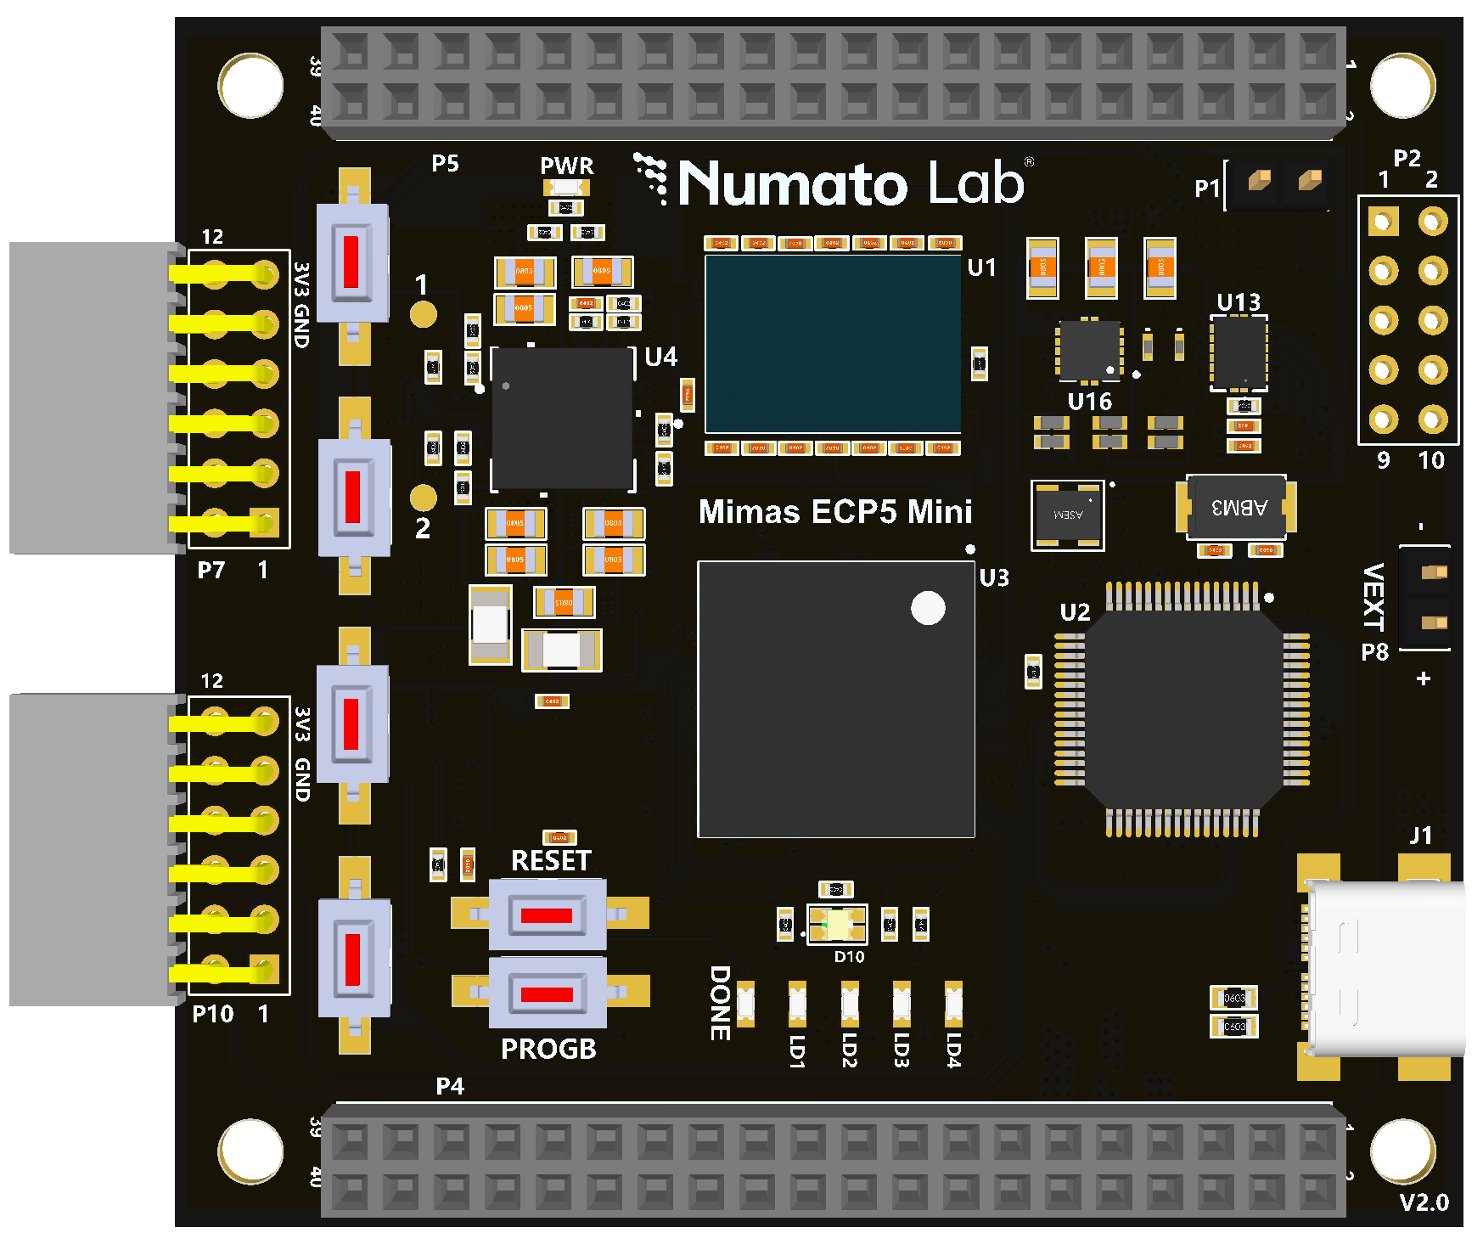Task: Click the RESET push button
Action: [x=548, y=915]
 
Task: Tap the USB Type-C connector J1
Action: [x=1385, y=968]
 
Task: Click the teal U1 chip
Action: [x=833, y=344]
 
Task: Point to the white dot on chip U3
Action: [x=928, y=608]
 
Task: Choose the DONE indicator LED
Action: [x=745, y=1004]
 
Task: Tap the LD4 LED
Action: [x=953, y=1004]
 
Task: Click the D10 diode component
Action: [x=837, y=924]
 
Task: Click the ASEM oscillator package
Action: [x=1067, y=515]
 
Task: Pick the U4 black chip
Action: [x=562, y=418]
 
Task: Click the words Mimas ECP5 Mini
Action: [x=834, y=512]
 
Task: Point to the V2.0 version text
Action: [x=1424, y=1202]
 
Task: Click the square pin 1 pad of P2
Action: [x=1383, y=222]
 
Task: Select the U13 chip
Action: [x=1239, y=352]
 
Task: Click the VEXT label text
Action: [x=1373, y=596]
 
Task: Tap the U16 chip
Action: [x=1088, y=351]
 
